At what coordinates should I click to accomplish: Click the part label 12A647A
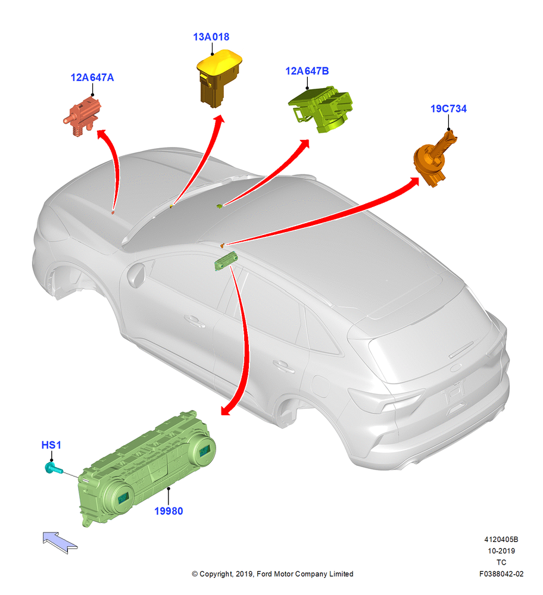pyautogui.click(x=92, y=77)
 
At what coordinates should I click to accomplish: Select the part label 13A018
pyautogui.click(x=211, y=37)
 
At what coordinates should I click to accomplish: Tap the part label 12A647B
pyautogui.click(x=307, y=71)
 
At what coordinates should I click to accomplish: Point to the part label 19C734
pyautogui.click(x=448, y=108)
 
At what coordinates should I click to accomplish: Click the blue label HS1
pyautogui.click(x=51, y=444)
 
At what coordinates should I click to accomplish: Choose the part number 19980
pyautogui.click(x=168, y=511)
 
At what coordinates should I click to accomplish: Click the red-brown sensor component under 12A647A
pyautogui.click(x=82, y=115)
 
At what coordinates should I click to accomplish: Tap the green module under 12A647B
pyautogui.click(x=321, y=109)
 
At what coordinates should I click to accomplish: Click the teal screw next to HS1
pyautogui.click(x=53, y=469)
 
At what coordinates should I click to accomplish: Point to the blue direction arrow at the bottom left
pyautogui.click(x=60, y=542)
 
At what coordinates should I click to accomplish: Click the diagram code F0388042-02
pyautogui.click(x=501, y=574)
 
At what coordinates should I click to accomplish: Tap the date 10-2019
pyautogui.click(x=501, y=550)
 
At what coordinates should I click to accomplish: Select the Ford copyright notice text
pyautogui.click(x=272, y=574)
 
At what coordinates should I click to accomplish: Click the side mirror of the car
pyautogui.click(x=136, y=274)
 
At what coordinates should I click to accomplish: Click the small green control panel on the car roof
pyautogui.click(x=226, y=261)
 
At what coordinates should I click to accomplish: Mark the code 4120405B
pyautogui.click(x=501, y=539)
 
